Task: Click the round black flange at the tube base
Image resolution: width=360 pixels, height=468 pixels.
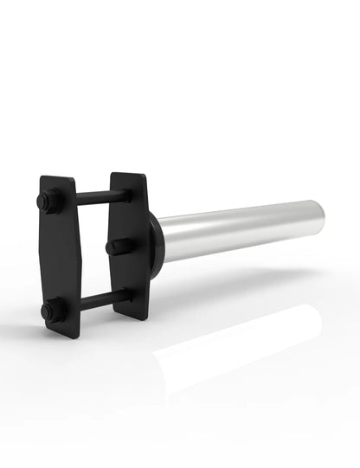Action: click(x=156, y=247)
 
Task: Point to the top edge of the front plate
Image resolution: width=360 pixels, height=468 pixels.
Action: click(x=55, y=178)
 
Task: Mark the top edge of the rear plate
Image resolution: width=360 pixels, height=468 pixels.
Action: click(x=126, y=176)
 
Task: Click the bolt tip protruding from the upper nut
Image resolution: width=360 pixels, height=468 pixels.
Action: click(x=42, y=201)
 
